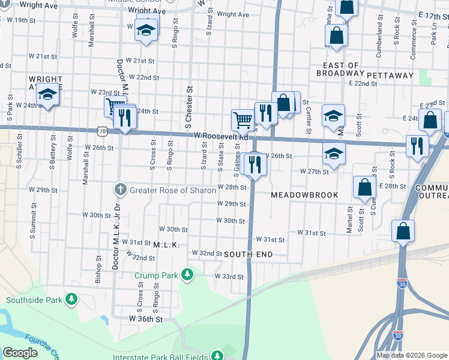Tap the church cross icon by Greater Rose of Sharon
click(120, 190)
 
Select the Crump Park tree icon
click(188, 275)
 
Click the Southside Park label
click(35, 299)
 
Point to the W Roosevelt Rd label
click(221, 136)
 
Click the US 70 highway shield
click(102, 130)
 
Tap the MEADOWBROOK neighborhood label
click(304, 196)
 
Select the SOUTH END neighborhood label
click(248, 254)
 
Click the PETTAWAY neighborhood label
click(390, 76)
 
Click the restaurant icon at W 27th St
click(255, 163)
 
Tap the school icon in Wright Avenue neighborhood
click(47, 95)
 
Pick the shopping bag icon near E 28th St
click(364, 187)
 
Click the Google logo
click(20, 353)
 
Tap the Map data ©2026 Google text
click(412, 355)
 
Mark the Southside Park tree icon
click(72, 299)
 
